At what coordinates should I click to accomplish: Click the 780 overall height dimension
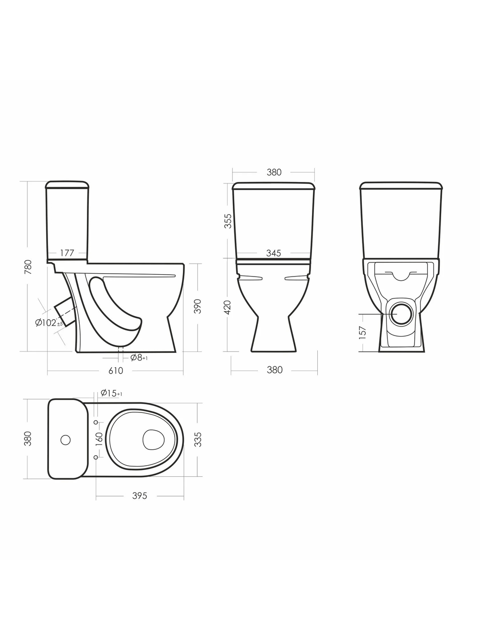click(28, 266)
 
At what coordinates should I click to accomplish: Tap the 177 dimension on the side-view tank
click(67, 253)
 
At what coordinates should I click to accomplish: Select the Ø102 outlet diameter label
click(48, 323)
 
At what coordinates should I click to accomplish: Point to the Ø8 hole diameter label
click(139, 358)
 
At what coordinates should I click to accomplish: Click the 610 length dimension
click(116, 371)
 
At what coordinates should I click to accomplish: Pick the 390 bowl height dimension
click(198, 306)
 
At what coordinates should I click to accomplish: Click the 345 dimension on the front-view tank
click(274, 253)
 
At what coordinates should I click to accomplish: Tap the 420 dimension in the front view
click(228, 307)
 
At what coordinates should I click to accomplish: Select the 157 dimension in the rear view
click(362, 332)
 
